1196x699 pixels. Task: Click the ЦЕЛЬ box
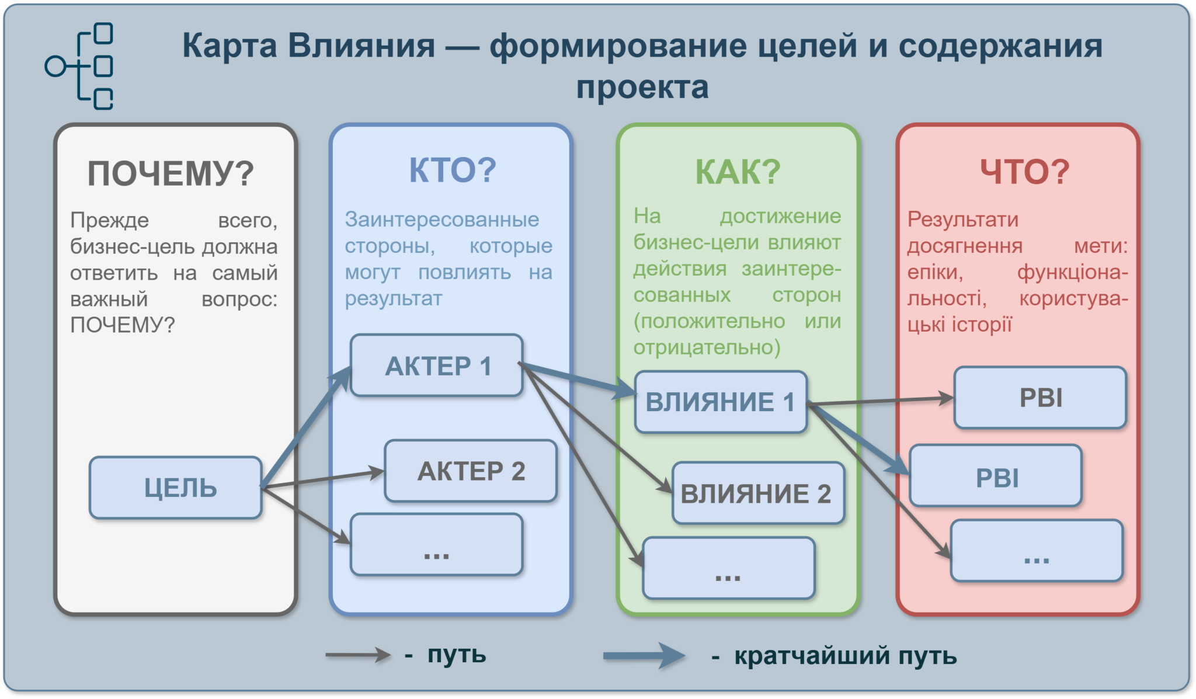click(x=175, y=488)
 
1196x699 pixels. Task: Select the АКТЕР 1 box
click(x=437, y=366)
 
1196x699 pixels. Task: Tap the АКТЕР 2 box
click(x=471, y=471)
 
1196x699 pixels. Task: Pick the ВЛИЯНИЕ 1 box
click(x=721, y=402)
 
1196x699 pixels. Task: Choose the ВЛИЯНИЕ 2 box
click(x=759, y=493)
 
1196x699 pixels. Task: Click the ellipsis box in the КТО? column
click(x=437, y=544)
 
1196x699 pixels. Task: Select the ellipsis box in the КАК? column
click(x=729, y=568)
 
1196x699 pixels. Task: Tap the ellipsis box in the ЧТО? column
click(x=1037, y=551)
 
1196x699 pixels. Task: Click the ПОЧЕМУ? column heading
click(x=171, y=173)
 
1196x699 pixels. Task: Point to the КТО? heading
click(x=453, y=171)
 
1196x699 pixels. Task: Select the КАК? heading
click(x=738, y=172)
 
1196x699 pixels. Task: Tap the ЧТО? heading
click(x=1024, y=172)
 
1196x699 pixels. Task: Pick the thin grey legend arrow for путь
click(x=358, y=655)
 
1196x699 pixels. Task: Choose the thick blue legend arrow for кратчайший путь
click(x=644, y=656)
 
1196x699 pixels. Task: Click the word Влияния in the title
click(x=362, y=46)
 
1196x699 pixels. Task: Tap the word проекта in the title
click(x=642, y=88)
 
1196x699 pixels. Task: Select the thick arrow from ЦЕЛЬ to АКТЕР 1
click(x=306, y=427)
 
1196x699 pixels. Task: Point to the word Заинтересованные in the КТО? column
click(x=442, y=220)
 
